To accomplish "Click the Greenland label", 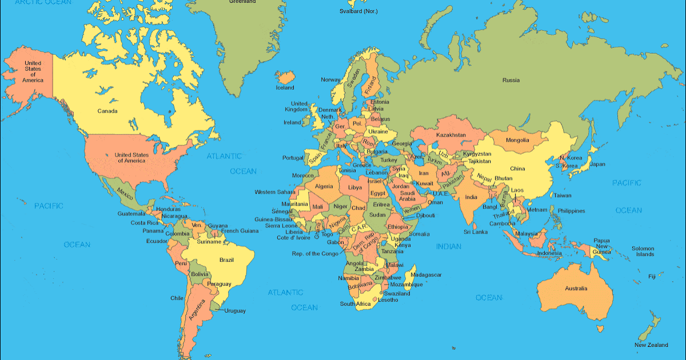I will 242,2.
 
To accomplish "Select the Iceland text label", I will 285,88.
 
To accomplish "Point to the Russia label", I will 510,81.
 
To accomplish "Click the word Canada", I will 107,111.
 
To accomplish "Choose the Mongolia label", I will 517,141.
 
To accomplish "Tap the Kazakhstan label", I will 451,135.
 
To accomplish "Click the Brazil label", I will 226,260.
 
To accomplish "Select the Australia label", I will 576,289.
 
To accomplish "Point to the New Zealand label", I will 651,345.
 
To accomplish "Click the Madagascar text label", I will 426,275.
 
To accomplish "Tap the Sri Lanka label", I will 475,232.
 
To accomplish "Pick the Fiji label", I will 652,277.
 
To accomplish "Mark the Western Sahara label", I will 275,192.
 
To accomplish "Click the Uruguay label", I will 234,311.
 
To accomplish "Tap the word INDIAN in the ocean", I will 449,246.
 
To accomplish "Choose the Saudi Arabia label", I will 407,196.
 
